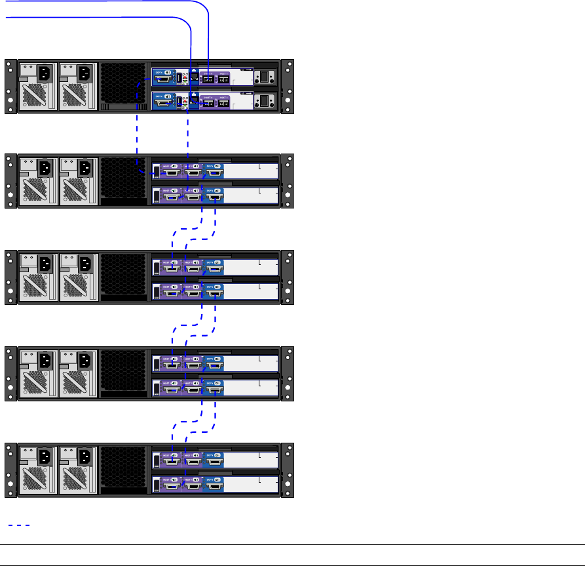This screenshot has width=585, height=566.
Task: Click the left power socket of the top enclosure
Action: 43,73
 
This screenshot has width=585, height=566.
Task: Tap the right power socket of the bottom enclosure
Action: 85,456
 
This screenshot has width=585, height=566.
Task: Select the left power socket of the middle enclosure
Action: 43,264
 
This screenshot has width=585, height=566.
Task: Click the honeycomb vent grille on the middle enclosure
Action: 124,276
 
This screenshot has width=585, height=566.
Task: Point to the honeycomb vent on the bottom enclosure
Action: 124,468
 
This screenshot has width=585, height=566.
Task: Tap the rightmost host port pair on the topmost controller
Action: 223,79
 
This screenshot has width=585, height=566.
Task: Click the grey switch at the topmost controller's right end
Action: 265,77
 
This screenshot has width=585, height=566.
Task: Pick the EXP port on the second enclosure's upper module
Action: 214,172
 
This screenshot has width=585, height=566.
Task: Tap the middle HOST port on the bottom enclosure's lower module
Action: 192,484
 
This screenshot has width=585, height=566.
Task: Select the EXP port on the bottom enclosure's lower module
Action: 214,484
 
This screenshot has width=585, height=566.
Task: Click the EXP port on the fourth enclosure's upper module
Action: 214,364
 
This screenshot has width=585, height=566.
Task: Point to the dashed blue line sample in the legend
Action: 19,525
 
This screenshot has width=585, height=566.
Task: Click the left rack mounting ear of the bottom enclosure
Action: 10,470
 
